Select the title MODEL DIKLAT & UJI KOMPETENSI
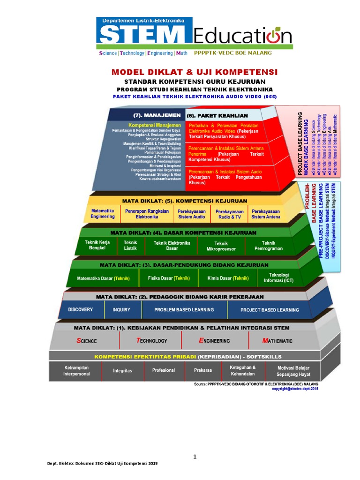195,72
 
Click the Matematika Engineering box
103,214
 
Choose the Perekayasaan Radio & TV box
228,215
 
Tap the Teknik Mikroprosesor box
221,246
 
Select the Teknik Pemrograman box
269,246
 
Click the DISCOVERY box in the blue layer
80,310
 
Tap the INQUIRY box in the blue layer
121,310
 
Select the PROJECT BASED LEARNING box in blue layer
270,310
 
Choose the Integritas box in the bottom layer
122,371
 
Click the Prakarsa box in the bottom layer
203,370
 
